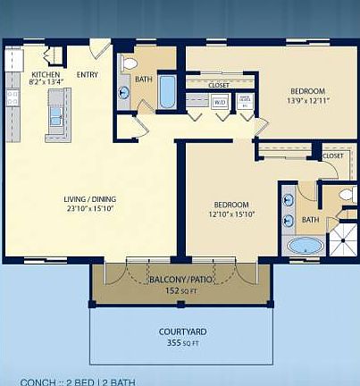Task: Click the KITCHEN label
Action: point(46,74)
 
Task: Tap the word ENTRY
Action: point(88,74)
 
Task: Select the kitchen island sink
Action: point(56,116)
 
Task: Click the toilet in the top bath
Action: point(128,64)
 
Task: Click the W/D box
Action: point(220,102)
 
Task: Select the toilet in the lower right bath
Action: point(346,194)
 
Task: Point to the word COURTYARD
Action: point(181,332)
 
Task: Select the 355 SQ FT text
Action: point(181,343)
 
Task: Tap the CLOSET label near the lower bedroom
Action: point(332,156)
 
